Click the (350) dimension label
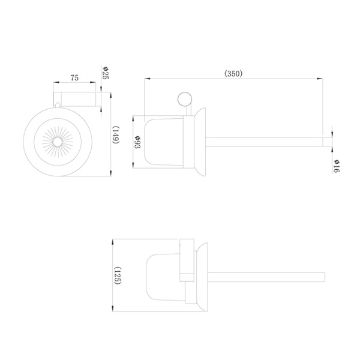tap(233, 73)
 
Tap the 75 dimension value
tap(74, 78)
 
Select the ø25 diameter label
tap(106, 73)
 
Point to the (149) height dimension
tap(115, 135)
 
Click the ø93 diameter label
tap(137, 142)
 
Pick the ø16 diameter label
tap(337, 166)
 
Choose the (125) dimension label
tap(118, 275)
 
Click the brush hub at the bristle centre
tap(58, 142)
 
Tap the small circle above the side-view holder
tap(185, 99)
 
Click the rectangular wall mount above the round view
tap(74, 99)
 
